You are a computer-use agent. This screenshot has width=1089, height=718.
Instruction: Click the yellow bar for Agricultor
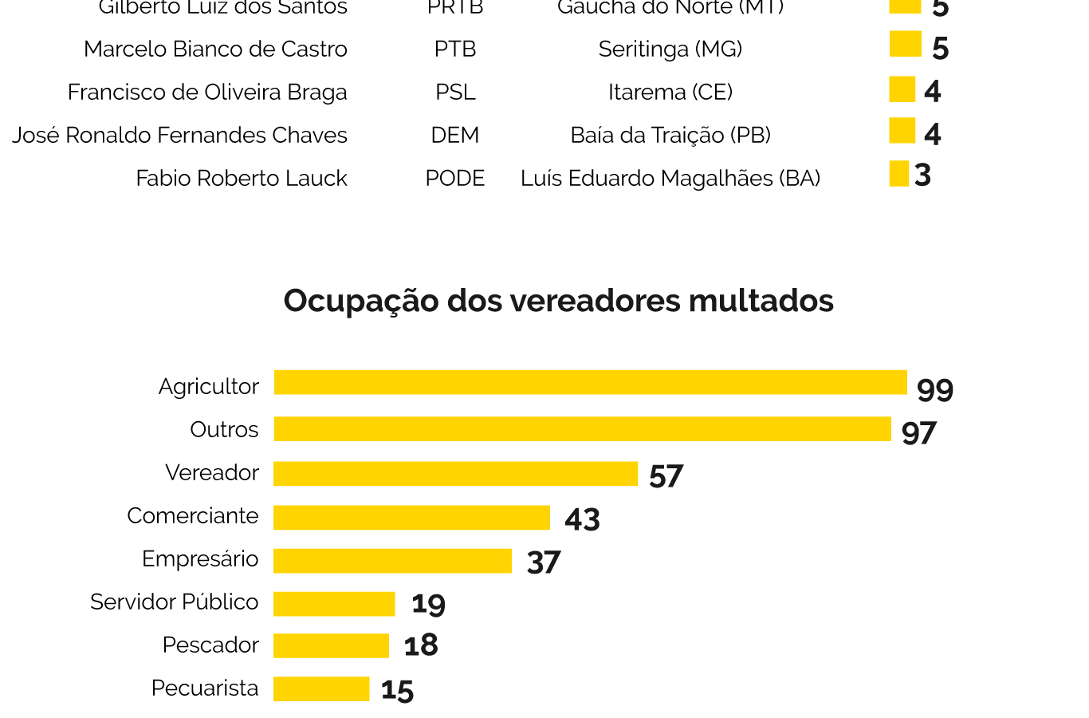(x=590, y=383)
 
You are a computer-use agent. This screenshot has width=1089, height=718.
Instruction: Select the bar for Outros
(x=582, y=429)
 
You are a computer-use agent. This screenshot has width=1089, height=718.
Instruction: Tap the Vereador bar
(x=455, y=474)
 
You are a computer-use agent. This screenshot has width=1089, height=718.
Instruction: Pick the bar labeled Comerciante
(x=411, y=518)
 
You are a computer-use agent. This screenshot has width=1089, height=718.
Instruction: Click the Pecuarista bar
(x=321, y=689)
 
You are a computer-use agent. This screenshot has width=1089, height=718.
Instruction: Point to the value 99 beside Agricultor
(x=935, y=390)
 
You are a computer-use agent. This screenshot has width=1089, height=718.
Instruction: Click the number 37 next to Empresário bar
(x=544, y=562)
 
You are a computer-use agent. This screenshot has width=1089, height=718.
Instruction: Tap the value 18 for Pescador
(x=421, y=645)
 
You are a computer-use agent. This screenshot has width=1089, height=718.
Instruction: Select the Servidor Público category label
(x=175, y=602)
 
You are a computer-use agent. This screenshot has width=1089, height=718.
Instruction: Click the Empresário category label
(x=200, y=559)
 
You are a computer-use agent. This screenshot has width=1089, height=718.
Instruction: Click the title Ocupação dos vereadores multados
(x=558, y=301)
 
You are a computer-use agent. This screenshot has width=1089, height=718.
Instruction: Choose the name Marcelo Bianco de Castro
(x=215, y=49)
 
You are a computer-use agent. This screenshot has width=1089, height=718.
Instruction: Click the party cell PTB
(x=455, y=49)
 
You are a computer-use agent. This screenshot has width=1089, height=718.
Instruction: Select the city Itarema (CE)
(x=670, y=93)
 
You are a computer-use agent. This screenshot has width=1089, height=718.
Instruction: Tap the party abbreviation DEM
(x=455, y=136)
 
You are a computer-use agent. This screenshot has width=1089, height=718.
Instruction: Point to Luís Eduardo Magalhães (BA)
(x=670, y=179)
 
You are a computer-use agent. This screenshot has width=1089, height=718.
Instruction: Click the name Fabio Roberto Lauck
(x=242, y=179)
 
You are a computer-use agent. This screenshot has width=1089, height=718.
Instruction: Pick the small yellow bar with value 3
(x=899, y=174)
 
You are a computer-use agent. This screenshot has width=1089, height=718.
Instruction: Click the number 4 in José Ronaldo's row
(x=933, y=134)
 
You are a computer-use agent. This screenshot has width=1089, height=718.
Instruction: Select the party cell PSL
(x=455, y=93)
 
